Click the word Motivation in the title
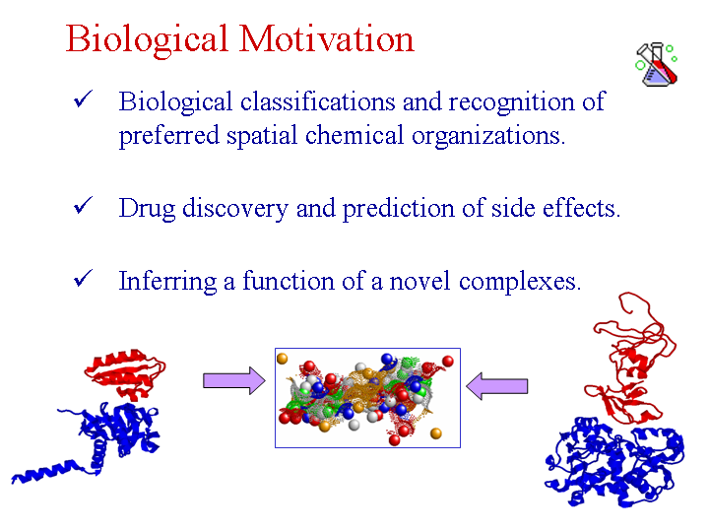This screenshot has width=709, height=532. tap(327, 38)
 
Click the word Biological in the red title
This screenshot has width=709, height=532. tap(147, 40)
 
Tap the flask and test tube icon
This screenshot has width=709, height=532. tap(656, 64)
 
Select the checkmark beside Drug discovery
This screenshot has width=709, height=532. tap(83, 205)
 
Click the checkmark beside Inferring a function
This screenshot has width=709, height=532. tap(83, 278)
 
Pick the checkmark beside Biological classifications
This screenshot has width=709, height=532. tap(83, 99)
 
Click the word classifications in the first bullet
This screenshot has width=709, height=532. tap(318, 100)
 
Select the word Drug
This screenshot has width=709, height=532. tap(147, 210)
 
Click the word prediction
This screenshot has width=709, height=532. tap(399, 210)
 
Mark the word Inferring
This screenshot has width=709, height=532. tap(167, 283)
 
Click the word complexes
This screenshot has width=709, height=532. tap(520, 283)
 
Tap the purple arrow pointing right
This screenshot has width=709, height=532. tap(234, 380)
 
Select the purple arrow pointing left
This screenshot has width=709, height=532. tap(497, 386)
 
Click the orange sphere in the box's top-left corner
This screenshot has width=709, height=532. tap(283, 359)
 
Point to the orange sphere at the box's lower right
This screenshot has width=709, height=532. tap(436, 433)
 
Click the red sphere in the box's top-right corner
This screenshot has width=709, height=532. tap(448, 361)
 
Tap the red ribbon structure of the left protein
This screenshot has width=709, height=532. tap(124, 373)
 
